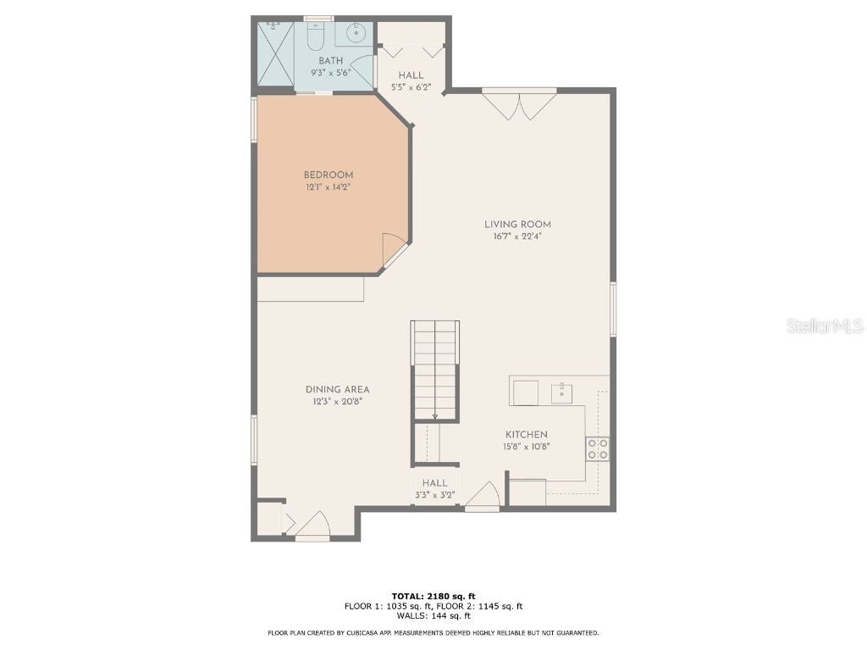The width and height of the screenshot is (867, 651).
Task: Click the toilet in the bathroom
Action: [x=315, y=36]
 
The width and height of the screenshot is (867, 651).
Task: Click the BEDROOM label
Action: [x=329, y=175]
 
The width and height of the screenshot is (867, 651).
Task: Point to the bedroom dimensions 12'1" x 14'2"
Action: [x=329, y=187]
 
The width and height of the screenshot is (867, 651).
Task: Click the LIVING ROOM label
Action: [x=517, y=225]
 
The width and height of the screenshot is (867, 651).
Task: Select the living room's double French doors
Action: [x=519, y=105]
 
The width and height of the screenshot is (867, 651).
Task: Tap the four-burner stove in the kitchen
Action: [x=597, y=449]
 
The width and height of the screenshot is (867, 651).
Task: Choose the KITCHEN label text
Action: [x=527, y=435]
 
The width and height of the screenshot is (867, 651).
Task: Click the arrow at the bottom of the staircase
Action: [x=435, y=415]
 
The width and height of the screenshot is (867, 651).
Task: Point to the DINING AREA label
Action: [x=337, y=390]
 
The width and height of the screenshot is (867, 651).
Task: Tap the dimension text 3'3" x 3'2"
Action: [x=435, y=495]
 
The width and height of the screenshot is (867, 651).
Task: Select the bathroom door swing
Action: [x=362, y=70]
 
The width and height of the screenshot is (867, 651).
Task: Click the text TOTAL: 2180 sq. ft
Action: [x=433, y=596]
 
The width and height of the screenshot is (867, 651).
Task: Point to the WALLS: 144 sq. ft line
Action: [x=433, y=616]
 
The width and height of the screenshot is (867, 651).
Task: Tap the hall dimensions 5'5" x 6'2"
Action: [x=411, y=87]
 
